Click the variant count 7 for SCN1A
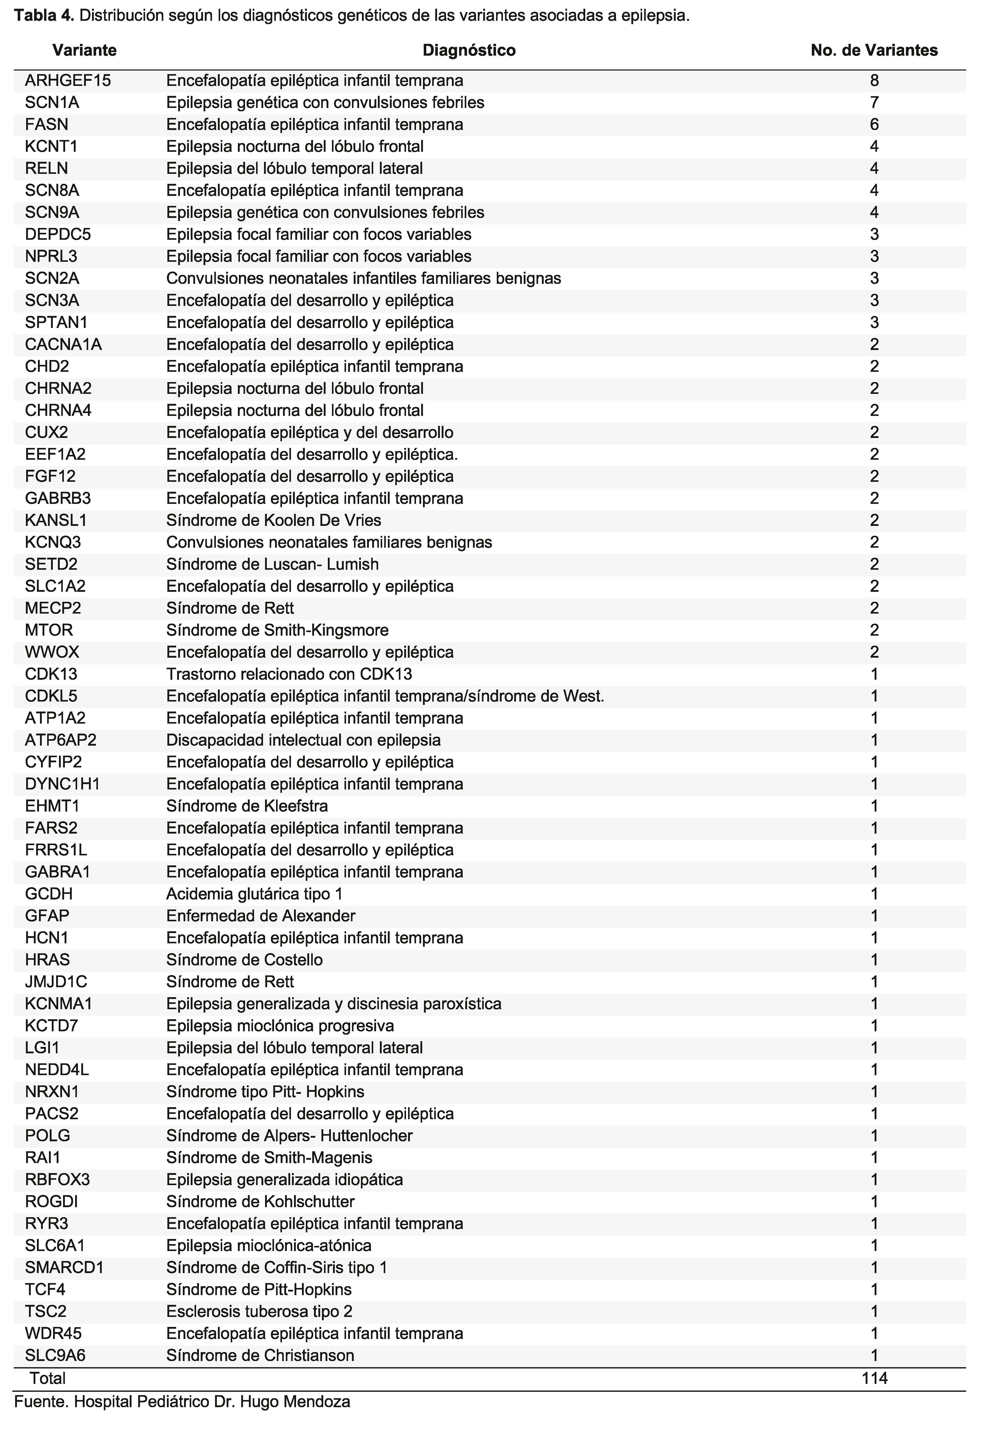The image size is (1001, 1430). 874,102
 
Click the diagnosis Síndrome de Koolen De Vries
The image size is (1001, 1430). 273,520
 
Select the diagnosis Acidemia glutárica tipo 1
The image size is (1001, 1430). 254,894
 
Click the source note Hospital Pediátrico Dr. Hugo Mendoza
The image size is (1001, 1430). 212,1402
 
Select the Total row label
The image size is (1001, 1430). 48,1378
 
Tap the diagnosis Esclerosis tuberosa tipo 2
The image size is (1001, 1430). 259,1312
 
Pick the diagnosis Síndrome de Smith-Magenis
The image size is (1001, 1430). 269,1157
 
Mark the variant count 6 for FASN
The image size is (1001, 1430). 874,125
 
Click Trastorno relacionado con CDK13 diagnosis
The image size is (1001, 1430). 289,674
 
